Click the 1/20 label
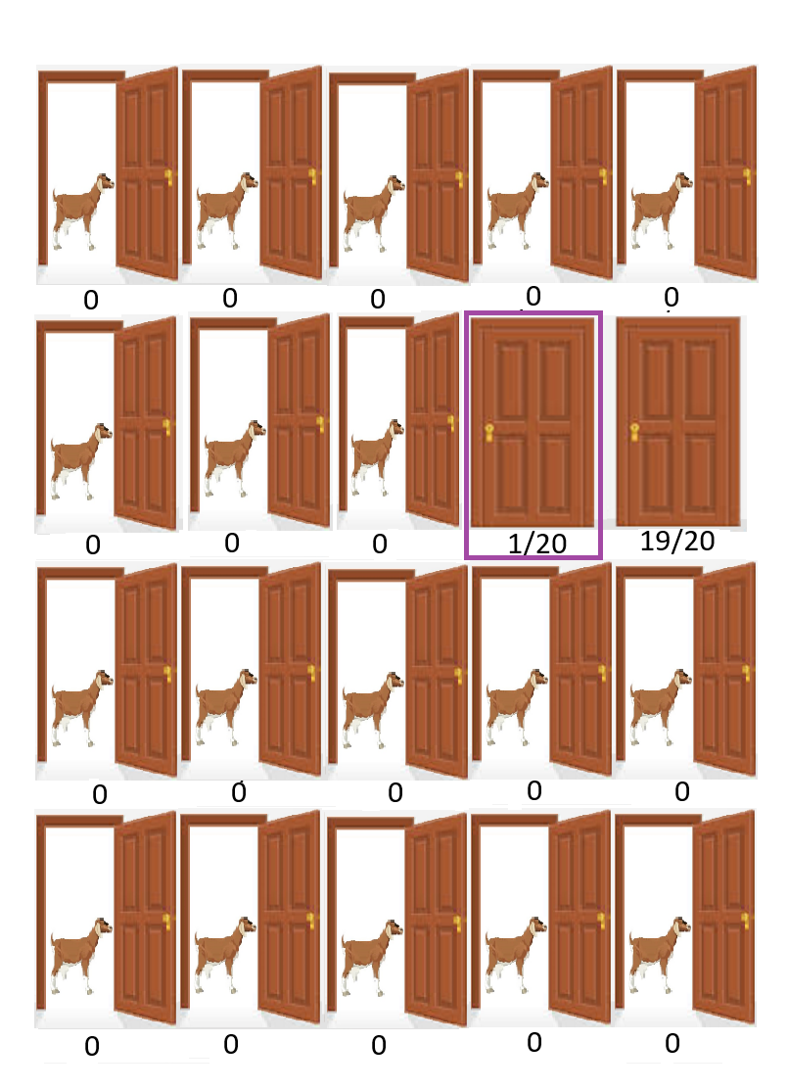[x=537, y=544]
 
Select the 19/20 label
[x=676, y=541]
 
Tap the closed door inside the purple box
[x=533, y=422]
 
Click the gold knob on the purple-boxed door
[x=489, y=433]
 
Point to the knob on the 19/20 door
[x=634, y=431]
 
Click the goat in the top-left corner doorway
[x=82, y=212]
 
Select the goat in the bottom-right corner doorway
[x=660, y=955]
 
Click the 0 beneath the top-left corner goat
[x=91, y=301]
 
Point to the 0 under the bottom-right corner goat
[x=672, y=1043]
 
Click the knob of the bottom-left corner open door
[x=166, y=922]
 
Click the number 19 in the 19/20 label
[x=654, y=541]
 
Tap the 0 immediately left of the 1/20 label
[x=380, y=545]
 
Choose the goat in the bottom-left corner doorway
[x=81, y=956]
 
